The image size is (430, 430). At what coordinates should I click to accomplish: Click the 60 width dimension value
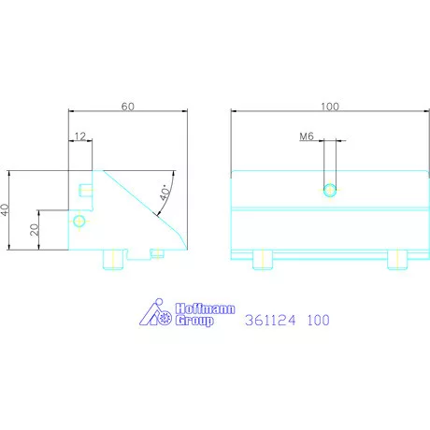(128, 106)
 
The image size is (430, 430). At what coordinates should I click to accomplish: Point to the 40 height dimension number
(6, 210)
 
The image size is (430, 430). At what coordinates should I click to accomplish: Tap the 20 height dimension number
(35, 230)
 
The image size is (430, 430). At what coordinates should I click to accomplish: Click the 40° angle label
(165, 193)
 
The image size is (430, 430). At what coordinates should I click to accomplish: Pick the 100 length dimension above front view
(329, 106)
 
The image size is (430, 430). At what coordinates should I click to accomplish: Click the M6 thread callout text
(306, 136)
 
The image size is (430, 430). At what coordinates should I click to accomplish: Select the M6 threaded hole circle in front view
(329, 191)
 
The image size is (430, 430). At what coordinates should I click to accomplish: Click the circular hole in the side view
(79, 221)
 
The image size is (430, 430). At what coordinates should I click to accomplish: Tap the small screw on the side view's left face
(85, 191)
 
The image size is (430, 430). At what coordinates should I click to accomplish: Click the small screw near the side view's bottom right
(157, 251)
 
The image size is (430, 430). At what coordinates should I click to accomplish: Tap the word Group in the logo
(194, 321)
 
